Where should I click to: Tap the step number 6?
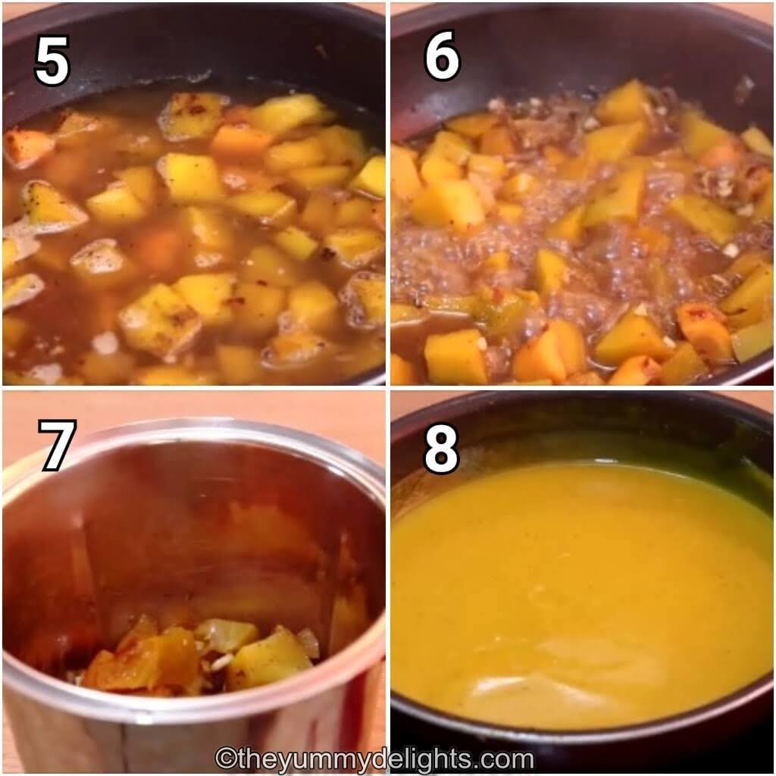[x=442, y=55]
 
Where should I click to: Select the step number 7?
[x=57, y=445]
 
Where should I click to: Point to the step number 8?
[x=442, y=449]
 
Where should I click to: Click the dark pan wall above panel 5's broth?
[x=198, y=45]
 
